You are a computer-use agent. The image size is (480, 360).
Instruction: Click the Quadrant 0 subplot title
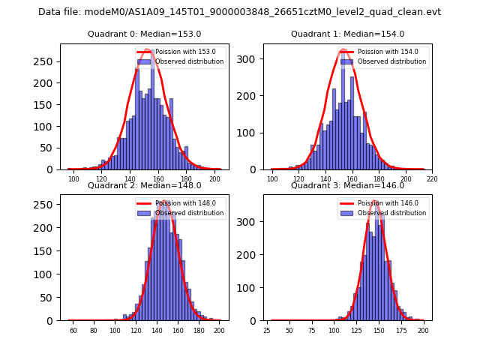coord(144,34)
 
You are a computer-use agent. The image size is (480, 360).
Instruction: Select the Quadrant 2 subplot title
coord(144,185)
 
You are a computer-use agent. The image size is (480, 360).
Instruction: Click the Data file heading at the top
coord(239,12)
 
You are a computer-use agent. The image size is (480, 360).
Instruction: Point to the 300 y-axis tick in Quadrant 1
coord(249,58)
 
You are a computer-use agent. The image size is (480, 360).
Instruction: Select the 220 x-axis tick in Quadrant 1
coord(432,179)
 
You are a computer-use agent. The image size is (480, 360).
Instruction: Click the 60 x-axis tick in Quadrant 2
coord(73,331)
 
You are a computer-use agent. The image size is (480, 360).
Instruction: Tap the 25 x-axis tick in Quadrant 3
coord(267,331)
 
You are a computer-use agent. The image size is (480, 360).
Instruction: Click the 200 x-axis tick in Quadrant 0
coord(214,179)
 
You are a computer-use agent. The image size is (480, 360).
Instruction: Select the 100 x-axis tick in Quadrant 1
coord(273,179)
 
